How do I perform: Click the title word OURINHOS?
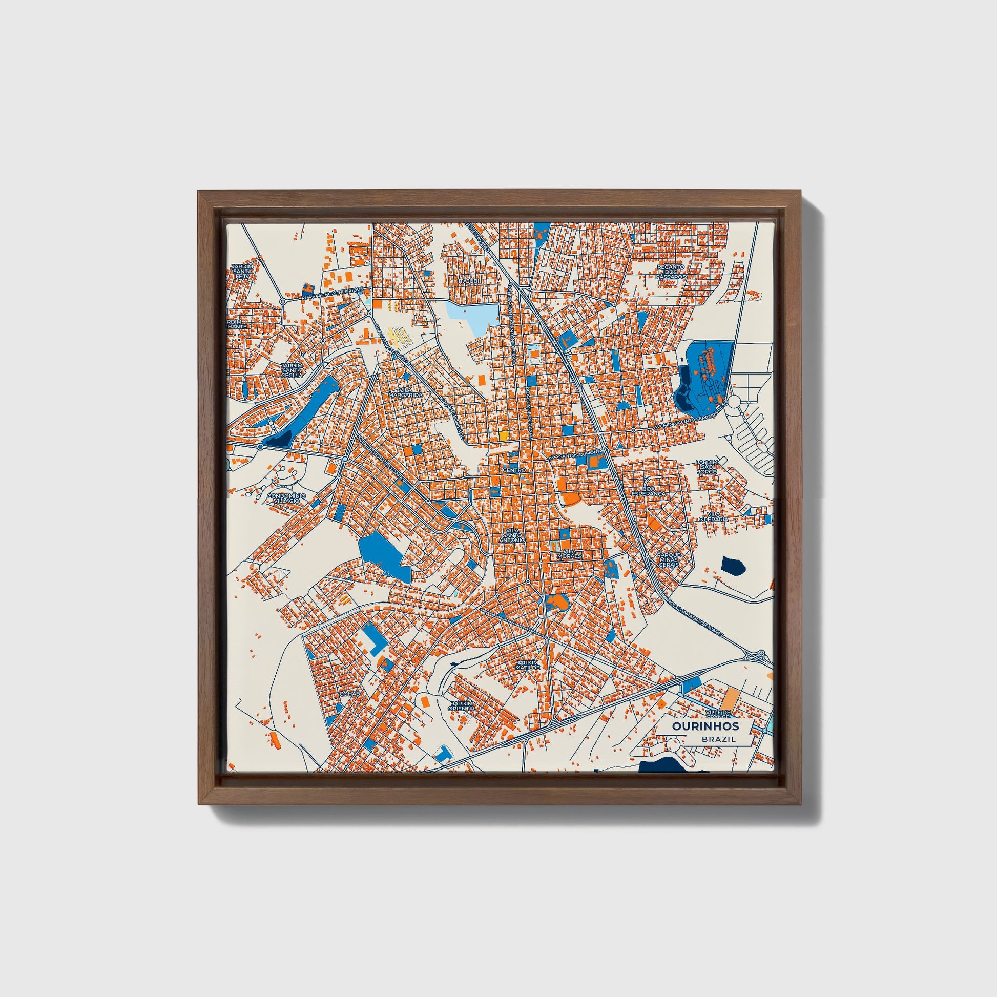tap(705, 726)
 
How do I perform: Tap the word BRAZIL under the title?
tap(718, 739)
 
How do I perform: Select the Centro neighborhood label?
tap(514, 471)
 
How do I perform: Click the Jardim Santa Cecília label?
tap(292, 370)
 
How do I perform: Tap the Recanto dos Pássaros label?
tap(670, 272)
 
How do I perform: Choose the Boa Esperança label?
tap(649, 491)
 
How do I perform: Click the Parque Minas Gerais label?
tap(669, 560)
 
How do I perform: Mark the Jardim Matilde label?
tap(527, 665)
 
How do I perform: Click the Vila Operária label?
tap(718, 516)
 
